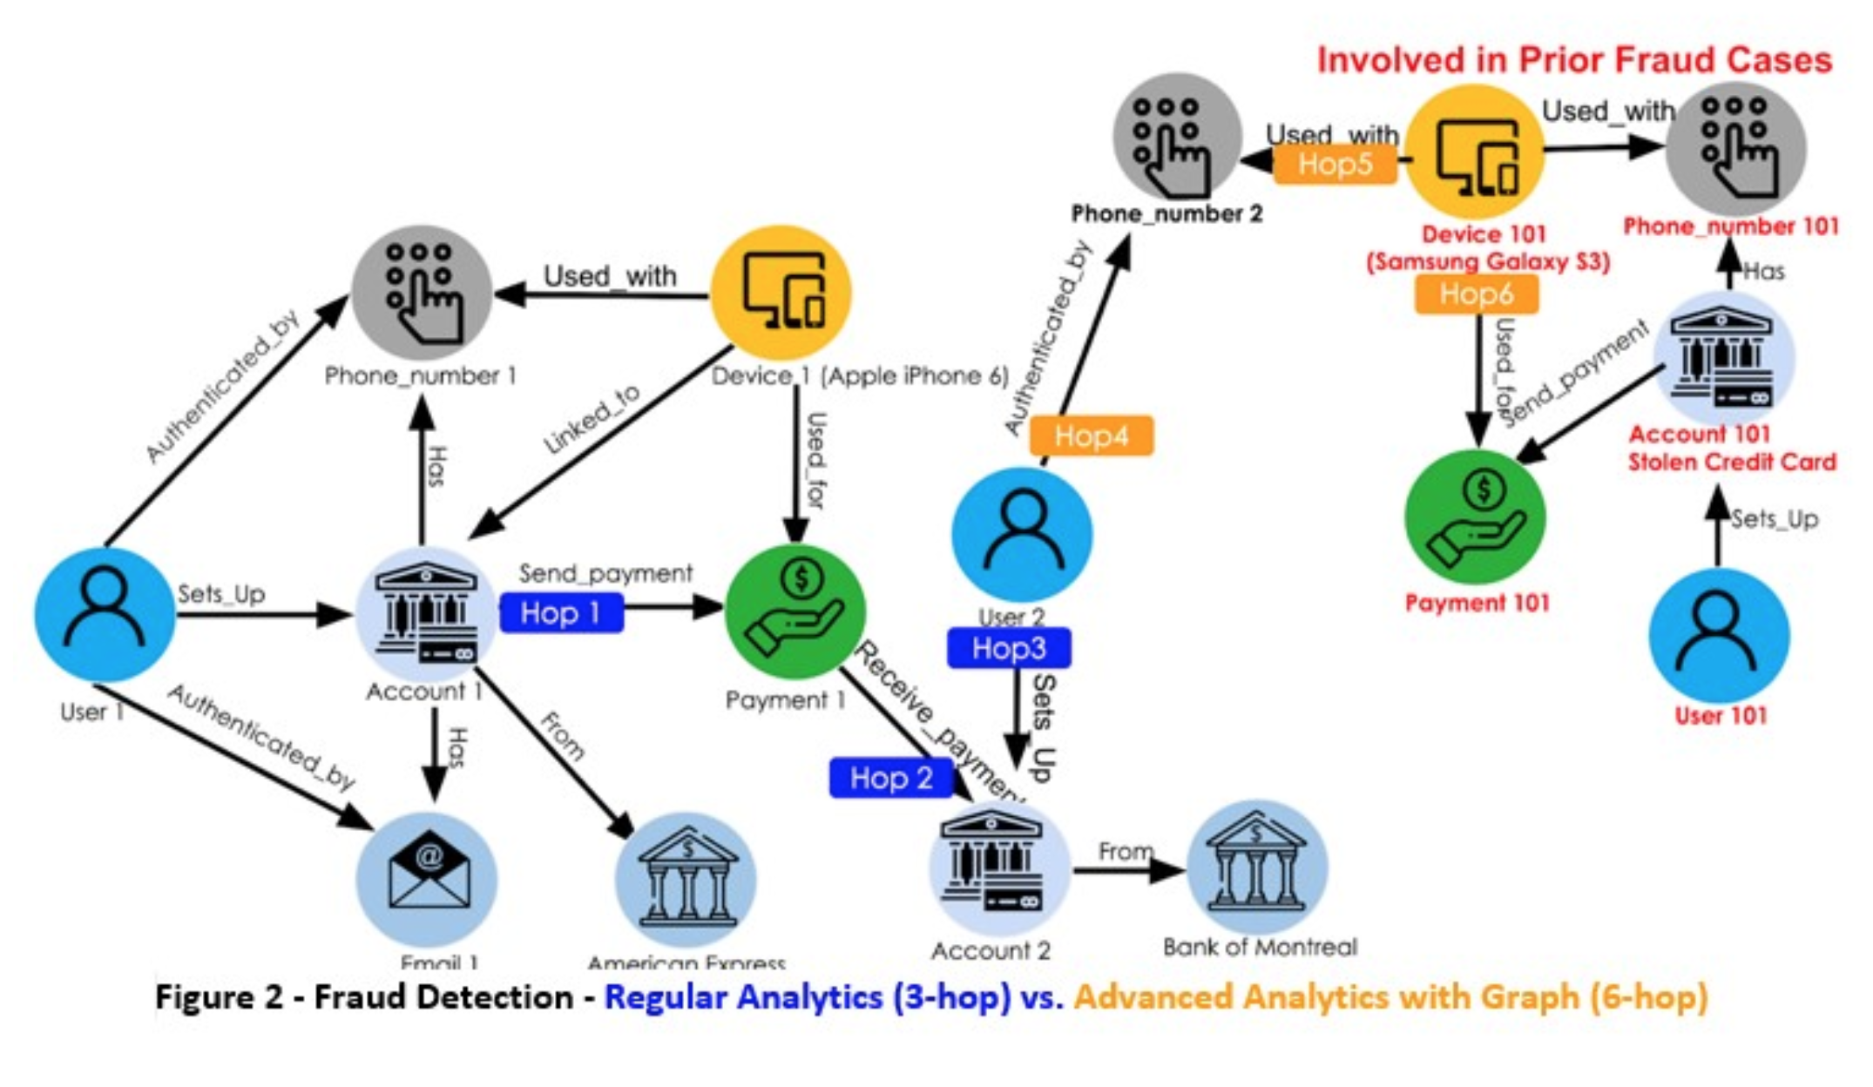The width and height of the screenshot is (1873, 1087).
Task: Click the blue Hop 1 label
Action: pyautogui.click(x=562, y=612)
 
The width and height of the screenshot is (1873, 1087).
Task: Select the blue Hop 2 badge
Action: pyautogui.click(x=890, y=778)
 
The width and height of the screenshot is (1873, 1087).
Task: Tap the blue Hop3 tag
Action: pyautogui.click(x=1009, y=648)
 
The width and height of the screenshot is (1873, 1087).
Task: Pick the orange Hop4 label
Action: pyautogui.click(x=1091, y=435)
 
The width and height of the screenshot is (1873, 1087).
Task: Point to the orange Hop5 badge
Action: pyautogui.click(x=1335, y=164)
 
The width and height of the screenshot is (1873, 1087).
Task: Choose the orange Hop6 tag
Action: pyautogui.click(x=1476, y=294)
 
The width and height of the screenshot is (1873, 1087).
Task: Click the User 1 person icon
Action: pyautogui.click(x=105, y=614)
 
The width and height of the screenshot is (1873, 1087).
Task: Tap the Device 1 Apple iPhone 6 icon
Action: pyautogui.click(x=781, y=293)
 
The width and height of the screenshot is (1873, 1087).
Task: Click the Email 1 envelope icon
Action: pyautogui.click(x=427, y=878)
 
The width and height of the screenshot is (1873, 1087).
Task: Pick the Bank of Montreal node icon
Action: pyautogui.click(x=1257, y=868)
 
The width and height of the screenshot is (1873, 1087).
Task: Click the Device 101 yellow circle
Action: pyautogui.click(x=1474, y=152)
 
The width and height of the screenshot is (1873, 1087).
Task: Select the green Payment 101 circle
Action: pyautogui.click(x=1475, y=516)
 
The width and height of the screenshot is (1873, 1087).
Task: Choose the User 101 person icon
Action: pyautogui.click(x=1719, y=636)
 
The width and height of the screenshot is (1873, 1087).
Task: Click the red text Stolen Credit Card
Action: pyautogui.click(x=1732, y=462)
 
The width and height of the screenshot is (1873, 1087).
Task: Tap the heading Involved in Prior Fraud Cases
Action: pyautogui.click(x=1573, y=60)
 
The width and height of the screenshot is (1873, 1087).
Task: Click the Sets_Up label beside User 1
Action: pyautogui.click(x=221, y=594)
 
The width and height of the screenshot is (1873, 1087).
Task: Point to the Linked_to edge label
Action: pyautogui.click(x=592, y=420)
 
